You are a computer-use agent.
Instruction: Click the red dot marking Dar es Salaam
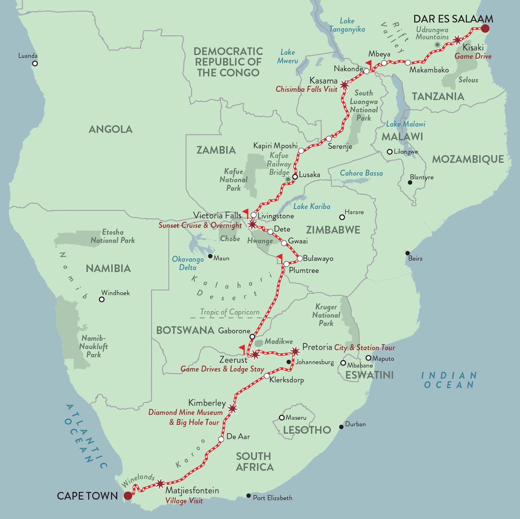point(485,28)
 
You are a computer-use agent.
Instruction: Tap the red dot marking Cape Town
point(128,495)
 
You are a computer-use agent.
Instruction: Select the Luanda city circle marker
point(35,63)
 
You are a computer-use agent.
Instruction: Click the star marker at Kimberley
point(233,408)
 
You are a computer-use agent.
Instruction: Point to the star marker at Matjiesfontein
point(160,483)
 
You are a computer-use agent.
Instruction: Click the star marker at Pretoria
point(295,351)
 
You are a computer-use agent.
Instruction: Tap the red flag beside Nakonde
point(369,64)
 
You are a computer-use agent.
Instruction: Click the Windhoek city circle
point(102,299)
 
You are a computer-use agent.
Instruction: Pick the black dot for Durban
point(341,427)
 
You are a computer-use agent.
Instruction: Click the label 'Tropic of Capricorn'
point(229,312)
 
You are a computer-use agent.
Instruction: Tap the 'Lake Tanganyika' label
point(347,25)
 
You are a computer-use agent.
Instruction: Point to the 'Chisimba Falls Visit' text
point(306,89)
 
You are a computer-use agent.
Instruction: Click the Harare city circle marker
point(342,217)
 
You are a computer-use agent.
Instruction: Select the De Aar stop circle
point(221,439)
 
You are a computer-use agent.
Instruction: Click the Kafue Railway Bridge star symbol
point(288,179)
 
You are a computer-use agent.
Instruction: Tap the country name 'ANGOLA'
point(111,129)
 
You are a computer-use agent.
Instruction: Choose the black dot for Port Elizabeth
point(248,496)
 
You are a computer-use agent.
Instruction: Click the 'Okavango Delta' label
point(188,263)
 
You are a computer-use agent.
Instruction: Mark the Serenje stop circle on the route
point(329,139)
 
